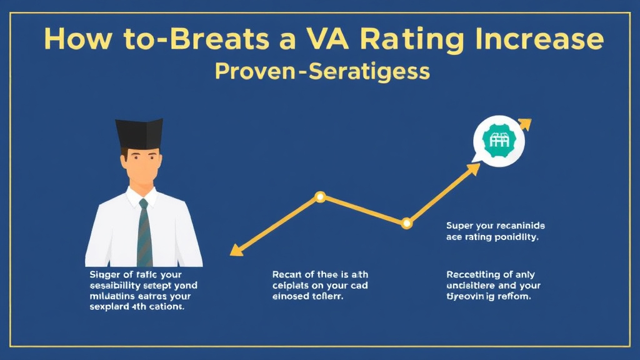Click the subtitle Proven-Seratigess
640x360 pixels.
click(x=322, y=71)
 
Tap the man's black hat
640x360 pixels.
click(x=139, y=132)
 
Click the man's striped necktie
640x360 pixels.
click(x=144, y=231)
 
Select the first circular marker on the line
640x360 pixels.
click(x=320, y=197)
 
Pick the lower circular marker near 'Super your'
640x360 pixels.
click(x=407, y=222)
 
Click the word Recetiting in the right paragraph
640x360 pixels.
click(x=473, y=274)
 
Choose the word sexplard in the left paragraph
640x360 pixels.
click(x=109, y=307)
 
